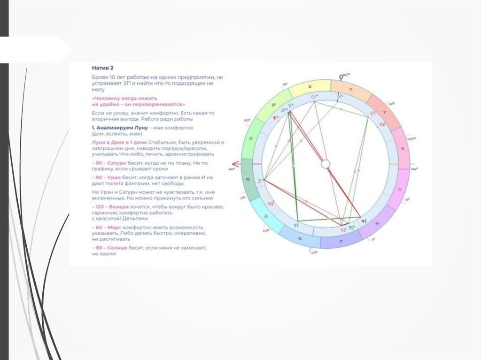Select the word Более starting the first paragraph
pos(100,76)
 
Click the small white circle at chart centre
pos(325,164)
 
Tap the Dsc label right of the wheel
pos(414,168)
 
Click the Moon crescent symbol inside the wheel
pos(258,180)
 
